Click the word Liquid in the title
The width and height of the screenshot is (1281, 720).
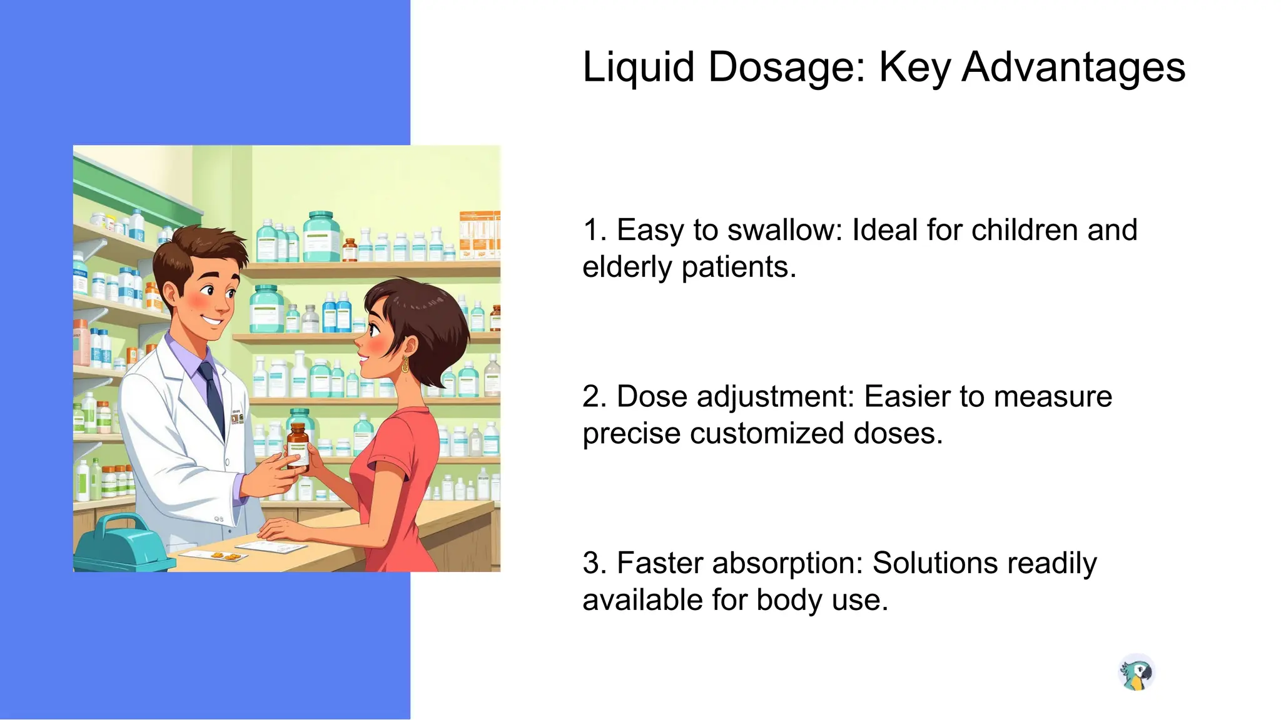click(x=638, y=67)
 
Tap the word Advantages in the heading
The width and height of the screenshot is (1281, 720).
click(x=1073, y=67)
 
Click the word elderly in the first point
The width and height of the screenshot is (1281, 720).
click(x=627, y=267)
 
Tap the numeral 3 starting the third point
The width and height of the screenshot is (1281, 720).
click(x=591, y=562)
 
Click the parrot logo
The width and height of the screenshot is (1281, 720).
click(x=1136, y=673)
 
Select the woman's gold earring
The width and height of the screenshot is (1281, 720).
click(x=405, y=364)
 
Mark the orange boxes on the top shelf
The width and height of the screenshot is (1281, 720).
click(x=479, y=234)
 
